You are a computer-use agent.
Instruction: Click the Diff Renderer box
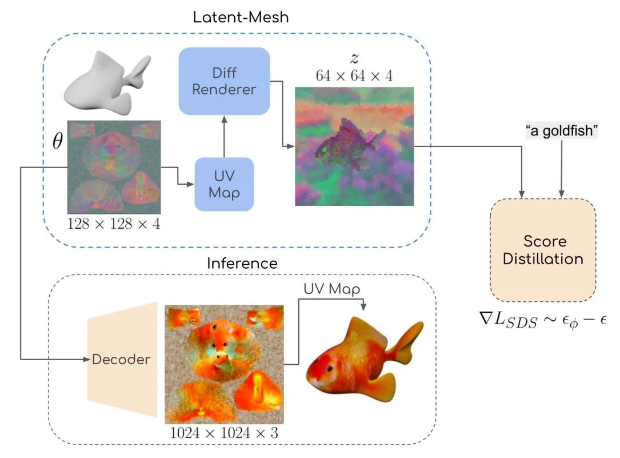(224, 81)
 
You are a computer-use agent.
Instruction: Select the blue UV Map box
(224, 184)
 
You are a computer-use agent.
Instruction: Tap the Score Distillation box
(542, 250)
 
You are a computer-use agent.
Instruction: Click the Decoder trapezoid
(122, 359)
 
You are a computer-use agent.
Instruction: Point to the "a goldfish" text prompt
(561, 132)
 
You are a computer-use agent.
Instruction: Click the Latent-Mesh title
(241, 17)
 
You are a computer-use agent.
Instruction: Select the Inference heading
(242, 264)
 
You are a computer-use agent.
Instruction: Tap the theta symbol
(58, 142)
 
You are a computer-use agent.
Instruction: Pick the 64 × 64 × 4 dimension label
(354, 75)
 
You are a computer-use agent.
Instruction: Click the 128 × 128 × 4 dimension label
(114, 223)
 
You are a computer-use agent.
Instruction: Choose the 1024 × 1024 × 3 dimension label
(224, 433)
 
